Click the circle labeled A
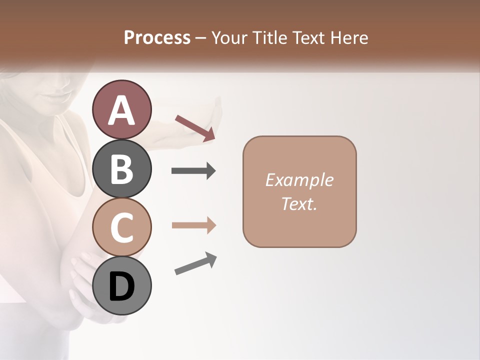pos(121,109)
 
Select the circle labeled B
pos(121,168)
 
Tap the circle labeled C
pos(121,227)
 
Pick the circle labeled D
pos(121,285)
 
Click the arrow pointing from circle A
pos(195,127)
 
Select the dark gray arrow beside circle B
pos(193,171)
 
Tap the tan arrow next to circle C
pos(193,225)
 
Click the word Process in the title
pos(157,37)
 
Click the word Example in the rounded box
pos(299,180)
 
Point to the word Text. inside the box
pos(299,203)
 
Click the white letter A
pos(121,110)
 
